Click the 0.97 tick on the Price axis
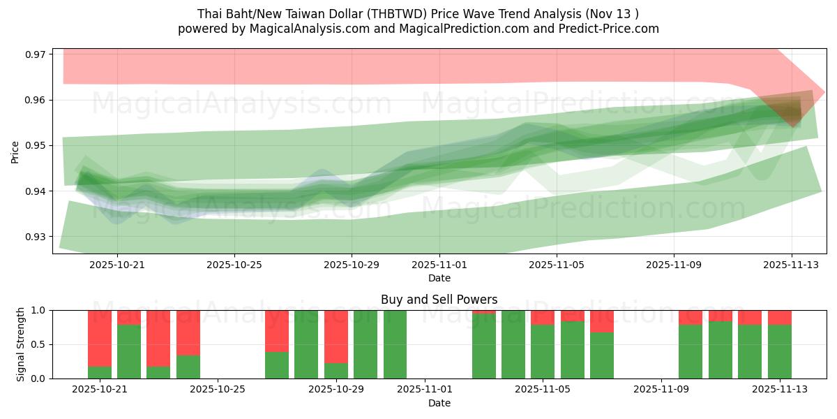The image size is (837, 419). coord(35,54)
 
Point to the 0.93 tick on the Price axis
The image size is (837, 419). coord(35,237)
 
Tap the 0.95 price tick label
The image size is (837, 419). coord(35,146)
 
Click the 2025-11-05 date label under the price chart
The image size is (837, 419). coord(557,265)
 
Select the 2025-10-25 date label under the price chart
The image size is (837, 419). coord(234,265)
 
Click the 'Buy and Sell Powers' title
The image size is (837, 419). coord(439,300)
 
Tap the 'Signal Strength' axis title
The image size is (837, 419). coord(20,344)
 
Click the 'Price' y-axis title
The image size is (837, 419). coord(15,152)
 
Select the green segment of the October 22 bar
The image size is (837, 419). coord(129,351)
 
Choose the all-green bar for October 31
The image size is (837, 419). coord(395,344)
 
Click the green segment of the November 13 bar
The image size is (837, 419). coord(780,351)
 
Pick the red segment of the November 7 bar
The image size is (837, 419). coord(602,321)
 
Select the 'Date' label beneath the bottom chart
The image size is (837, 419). coord(439,403)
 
